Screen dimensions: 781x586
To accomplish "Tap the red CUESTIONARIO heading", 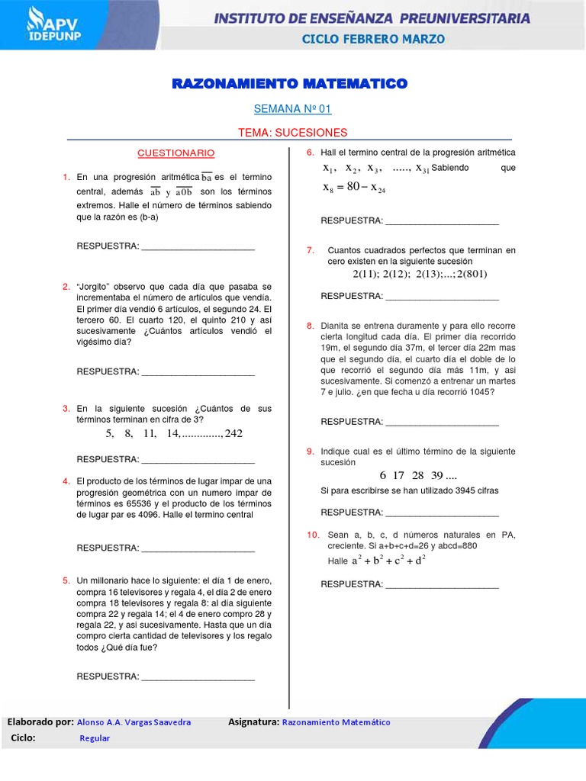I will (175, 153).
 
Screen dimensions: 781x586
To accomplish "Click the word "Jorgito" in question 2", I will (94, 286).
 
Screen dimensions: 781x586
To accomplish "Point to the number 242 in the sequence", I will (233, 433).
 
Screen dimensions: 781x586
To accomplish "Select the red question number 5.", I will (66, 580).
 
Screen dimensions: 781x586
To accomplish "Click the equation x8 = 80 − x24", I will (354, 188).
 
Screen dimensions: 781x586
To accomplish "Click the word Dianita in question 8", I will (335, 326).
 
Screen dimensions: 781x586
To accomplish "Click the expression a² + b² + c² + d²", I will (388, 561).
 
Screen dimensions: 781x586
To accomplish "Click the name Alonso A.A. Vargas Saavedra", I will (134, 722).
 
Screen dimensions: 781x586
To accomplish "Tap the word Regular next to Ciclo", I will (95, 738).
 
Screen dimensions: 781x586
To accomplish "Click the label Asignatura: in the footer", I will (253, 722).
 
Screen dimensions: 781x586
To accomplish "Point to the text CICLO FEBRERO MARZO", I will (374, 38).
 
